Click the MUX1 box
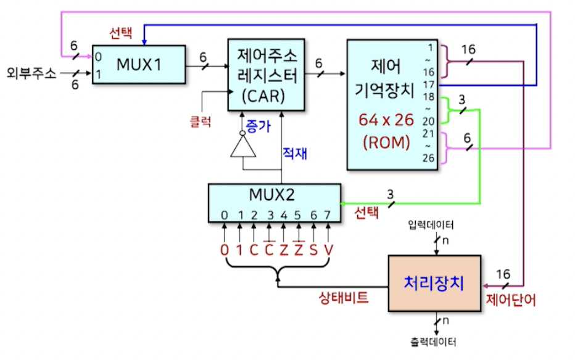tap(139, 64)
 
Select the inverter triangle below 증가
tap(244, 148)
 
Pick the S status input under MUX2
tap(313, 250)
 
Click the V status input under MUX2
tap(328, 250)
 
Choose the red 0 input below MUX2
tap(225, 250)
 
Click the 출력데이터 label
tap(434, 341)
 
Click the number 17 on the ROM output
tap(429, 84)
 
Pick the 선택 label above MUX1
tap(120, 34)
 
